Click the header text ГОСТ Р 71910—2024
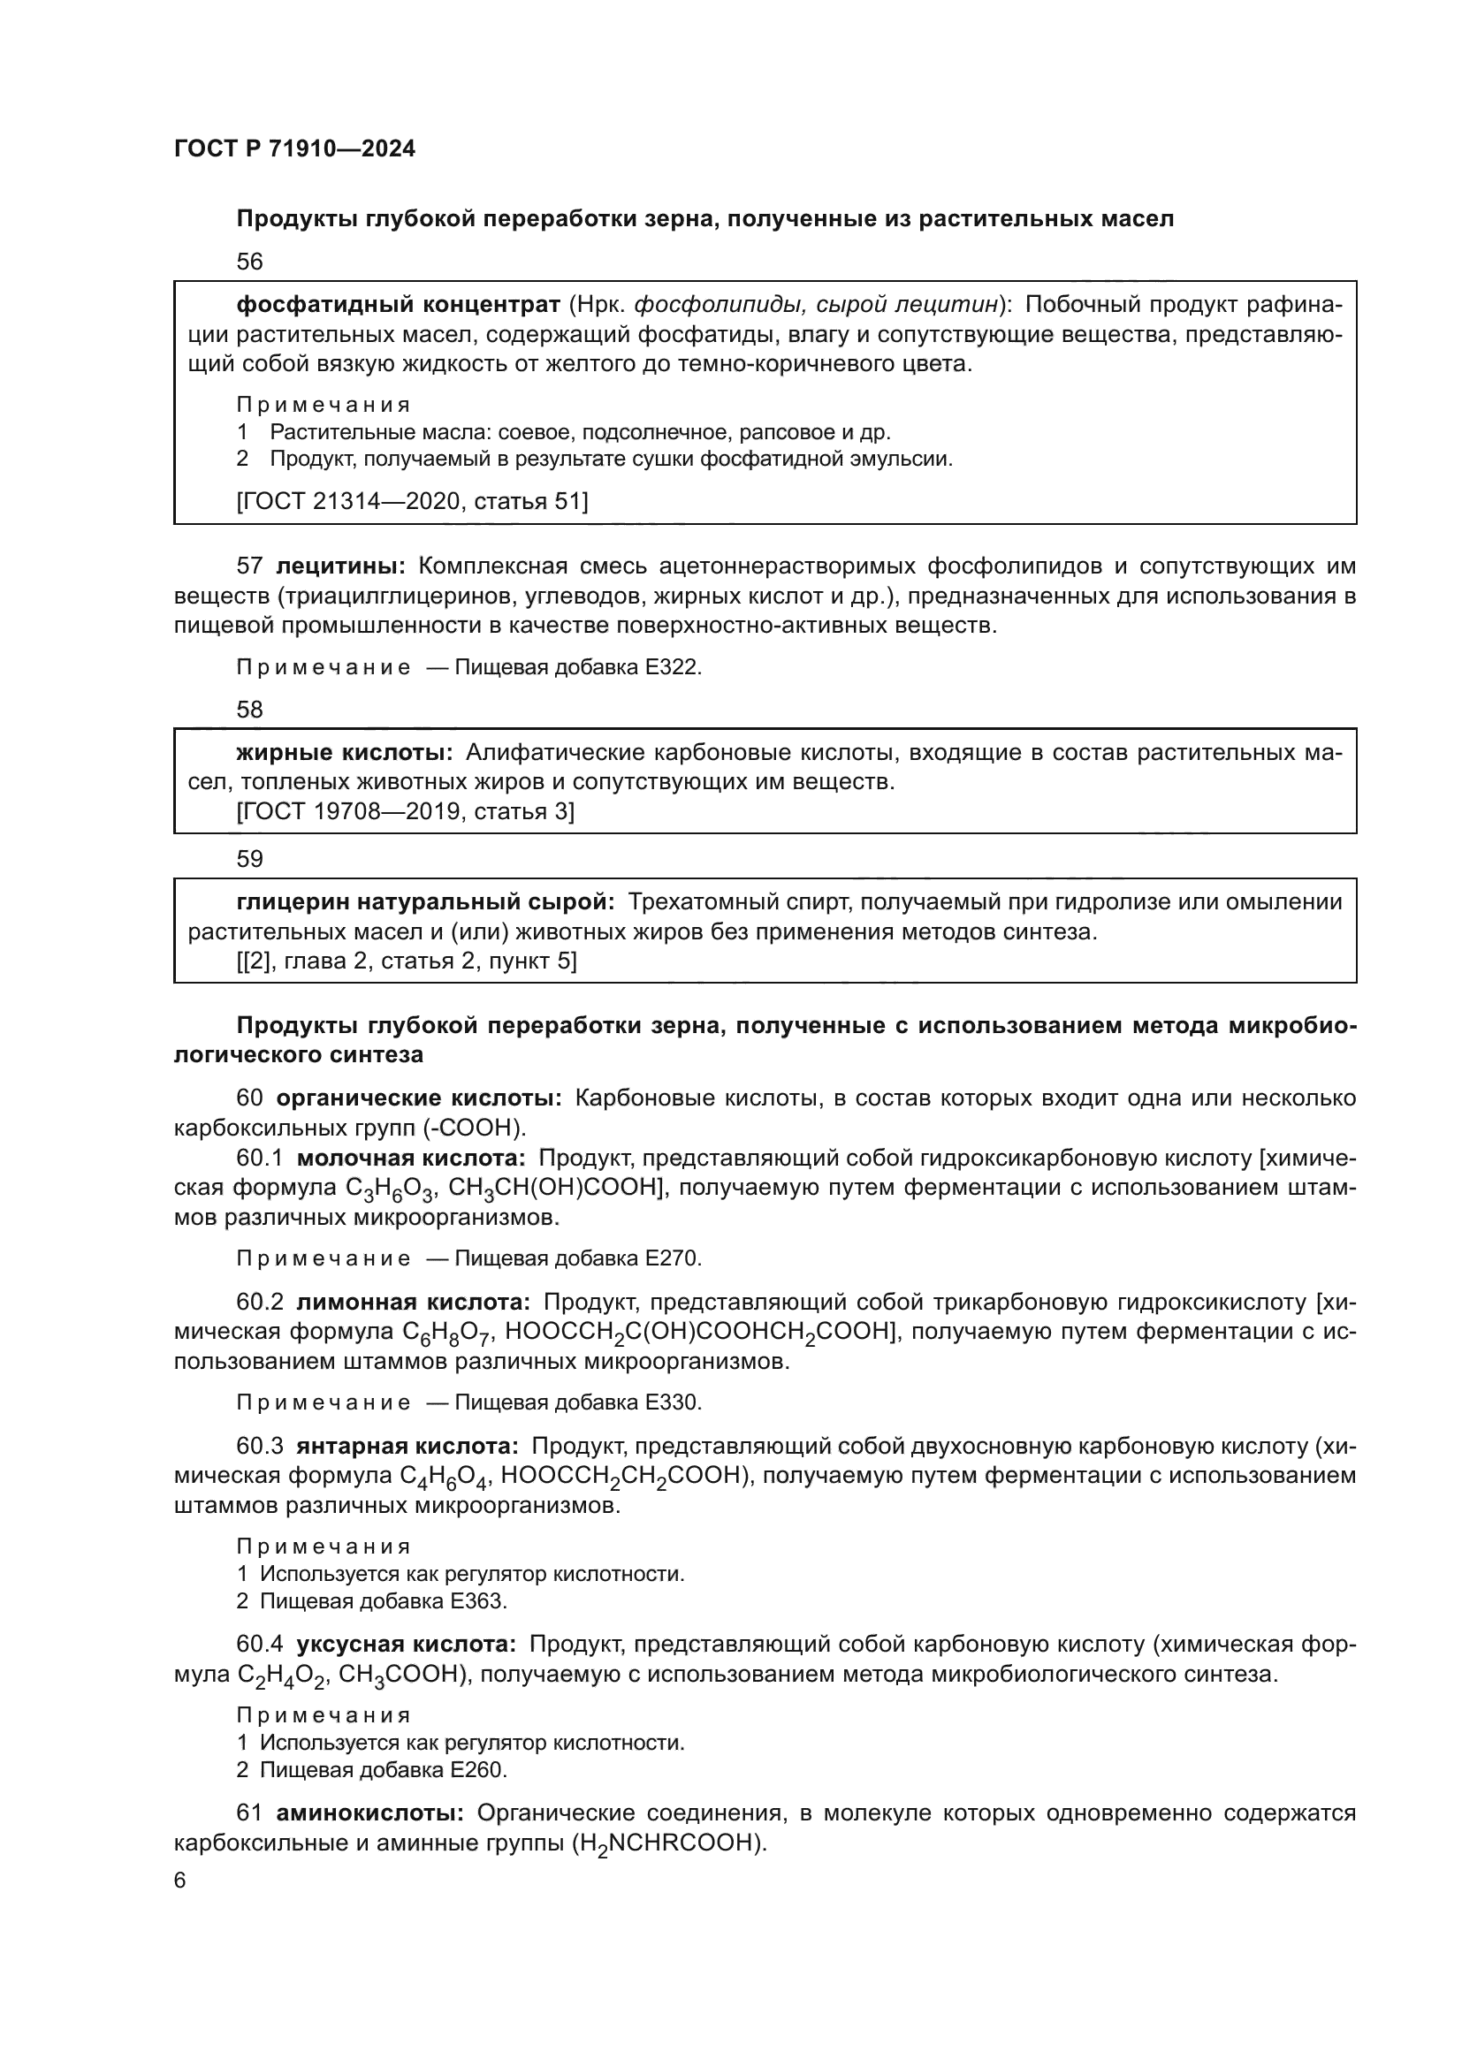(294, 149)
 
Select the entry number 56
(249, 262)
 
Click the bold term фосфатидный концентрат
(398, 305)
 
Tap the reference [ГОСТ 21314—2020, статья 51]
(412, 501)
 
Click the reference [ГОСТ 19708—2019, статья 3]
(405, 812)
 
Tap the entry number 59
(249, 859)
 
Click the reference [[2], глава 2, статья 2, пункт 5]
(406, 961)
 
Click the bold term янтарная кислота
(407, 1446)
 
